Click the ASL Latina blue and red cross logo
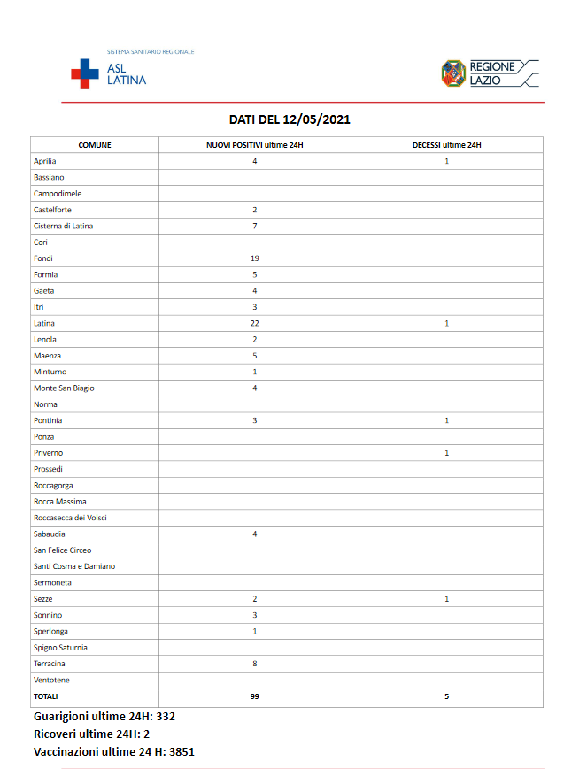(85, 73)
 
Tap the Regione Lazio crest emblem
(453, 73)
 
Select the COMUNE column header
(95, 145)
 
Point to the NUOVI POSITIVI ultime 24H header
(255, 145)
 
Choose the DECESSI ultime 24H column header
(447, 145)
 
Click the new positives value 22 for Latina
(255, 323)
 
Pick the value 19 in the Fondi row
(255, 258)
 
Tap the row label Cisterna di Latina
(63, 226)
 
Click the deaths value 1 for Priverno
(447, 453)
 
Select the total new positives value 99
(255, 696)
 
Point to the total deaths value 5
(447, 696)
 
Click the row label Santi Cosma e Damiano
(74, 566)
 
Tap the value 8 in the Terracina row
(255, 664)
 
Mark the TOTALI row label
(47, 696)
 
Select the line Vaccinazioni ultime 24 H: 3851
(113, 752)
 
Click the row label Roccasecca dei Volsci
(70, 518)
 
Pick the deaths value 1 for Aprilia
(447, 161)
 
